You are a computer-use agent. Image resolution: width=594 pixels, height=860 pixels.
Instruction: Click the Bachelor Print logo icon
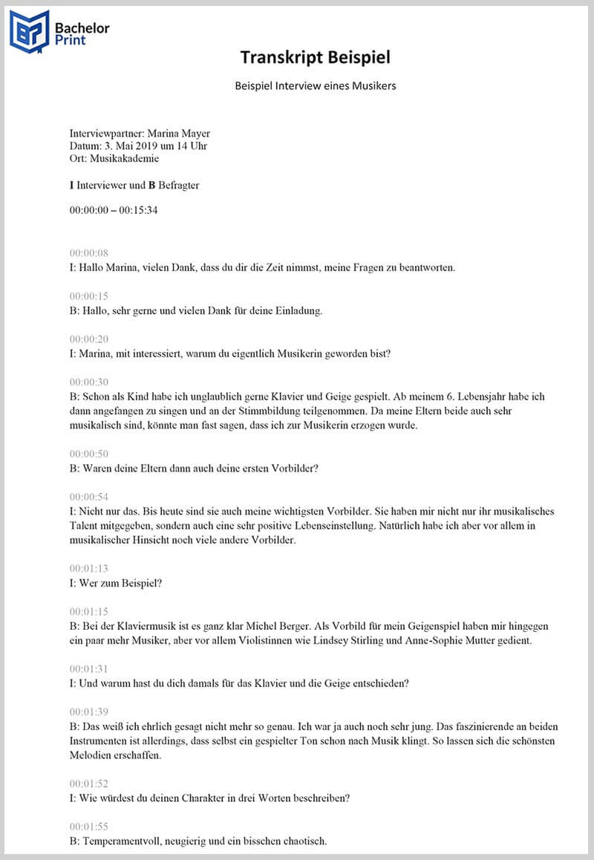29,32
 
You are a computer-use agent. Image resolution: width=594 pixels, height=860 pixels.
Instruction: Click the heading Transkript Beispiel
315,57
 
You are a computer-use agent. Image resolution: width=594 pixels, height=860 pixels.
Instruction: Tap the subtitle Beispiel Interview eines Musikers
315,86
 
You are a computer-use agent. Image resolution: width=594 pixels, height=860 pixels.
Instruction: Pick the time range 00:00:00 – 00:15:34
114,210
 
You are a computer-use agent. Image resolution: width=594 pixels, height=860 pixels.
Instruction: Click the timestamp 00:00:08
89,253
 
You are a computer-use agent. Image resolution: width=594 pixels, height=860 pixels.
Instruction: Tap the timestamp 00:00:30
89,382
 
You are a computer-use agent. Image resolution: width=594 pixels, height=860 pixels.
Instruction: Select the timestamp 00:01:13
89,569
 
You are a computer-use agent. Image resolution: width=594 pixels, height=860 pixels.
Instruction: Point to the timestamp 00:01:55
89,827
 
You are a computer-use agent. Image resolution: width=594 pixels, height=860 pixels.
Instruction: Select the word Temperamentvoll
120,841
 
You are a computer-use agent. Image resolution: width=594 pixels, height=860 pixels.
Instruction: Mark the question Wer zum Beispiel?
115,583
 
